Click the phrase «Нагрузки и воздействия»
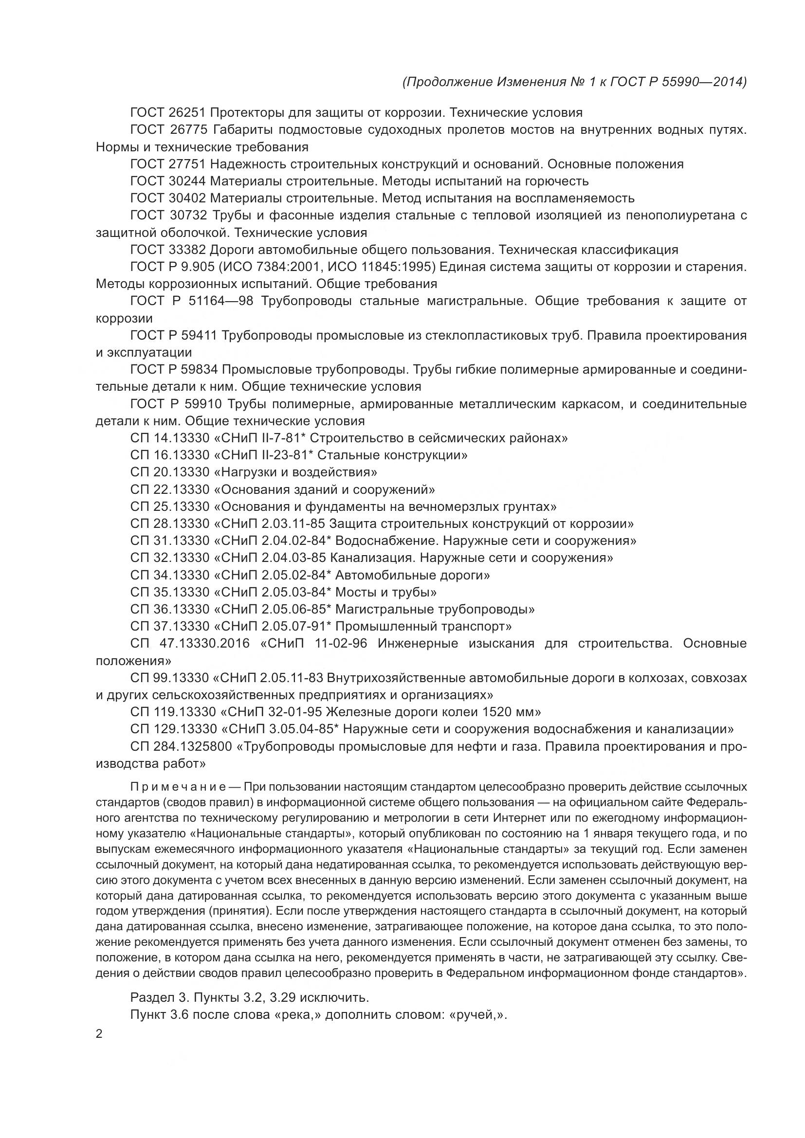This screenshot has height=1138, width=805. pyautogui.click(x=295, y=472)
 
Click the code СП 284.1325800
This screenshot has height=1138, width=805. pyautogui.click(x=181, y=746)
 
